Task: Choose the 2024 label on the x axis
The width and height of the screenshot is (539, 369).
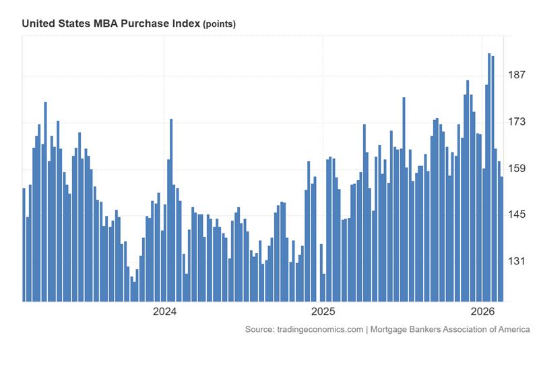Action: click(164, 311)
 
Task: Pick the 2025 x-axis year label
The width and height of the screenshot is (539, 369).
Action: click(323, 311)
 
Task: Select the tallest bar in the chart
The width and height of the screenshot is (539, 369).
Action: click(489, 177)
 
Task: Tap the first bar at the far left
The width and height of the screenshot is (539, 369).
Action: click(24, 244)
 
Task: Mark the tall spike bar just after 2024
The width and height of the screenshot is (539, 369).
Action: click(171, 210)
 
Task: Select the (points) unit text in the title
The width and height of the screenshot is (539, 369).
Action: click(219, 24)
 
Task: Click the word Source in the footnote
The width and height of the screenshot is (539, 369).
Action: click(259, 329)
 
